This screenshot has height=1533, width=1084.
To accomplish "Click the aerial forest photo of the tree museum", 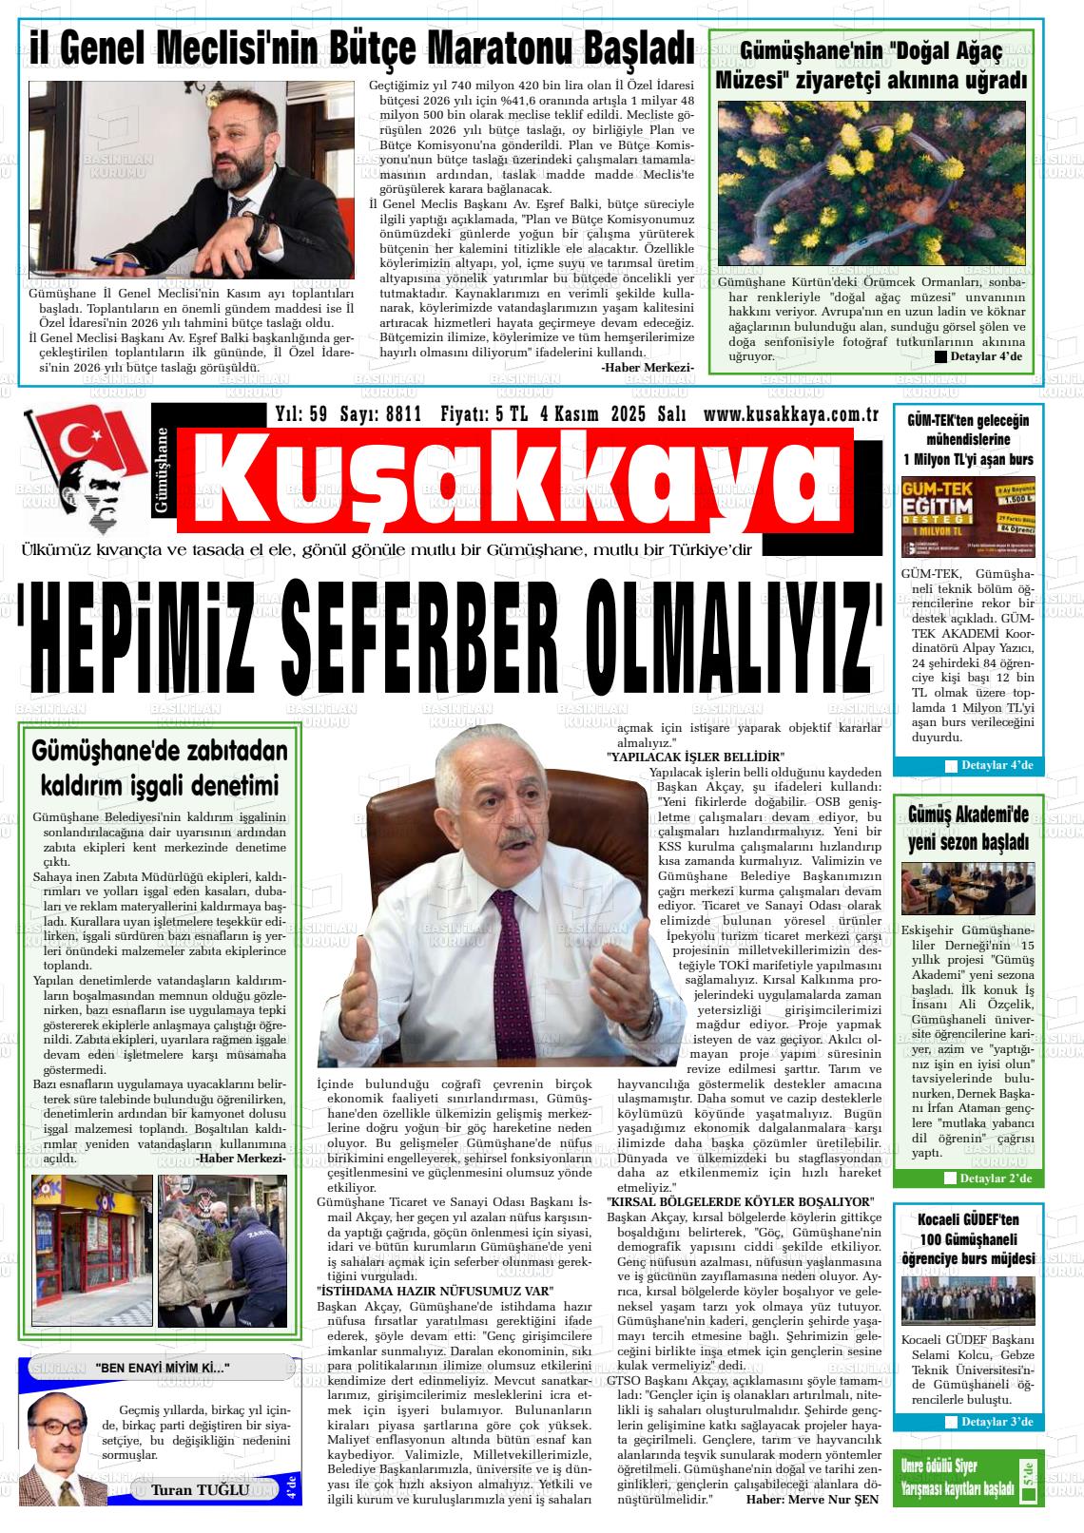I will tap(872, 183).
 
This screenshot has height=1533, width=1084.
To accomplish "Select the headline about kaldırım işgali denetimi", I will tap(160, 769).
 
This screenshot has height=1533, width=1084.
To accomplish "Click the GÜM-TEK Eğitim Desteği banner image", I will tap(967, 516).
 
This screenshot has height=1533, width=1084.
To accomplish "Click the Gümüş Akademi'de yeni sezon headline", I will tap(968, 828).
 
